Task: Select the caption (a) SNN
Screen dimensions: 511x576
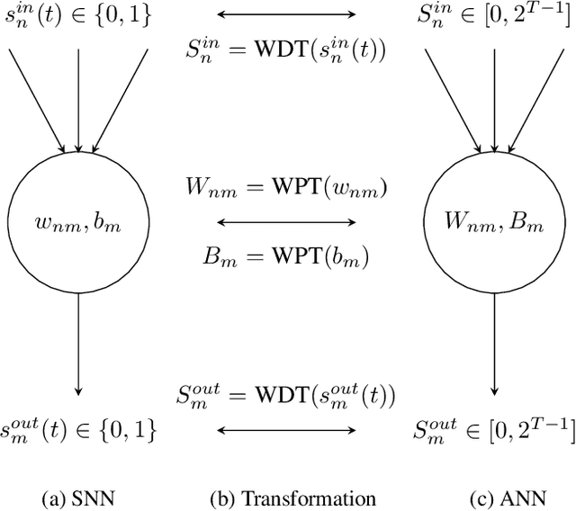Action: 78,498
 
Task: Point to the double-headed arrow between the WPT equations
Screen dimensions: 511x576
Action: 287,220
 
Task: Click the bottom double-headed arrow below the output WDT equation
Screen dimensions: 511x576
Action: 287,430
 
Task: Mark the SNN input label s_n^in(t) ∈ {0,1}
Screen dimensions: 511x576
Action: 78,16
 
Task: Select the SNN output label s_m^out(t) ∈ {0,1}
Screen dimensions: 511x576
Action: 78,429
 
